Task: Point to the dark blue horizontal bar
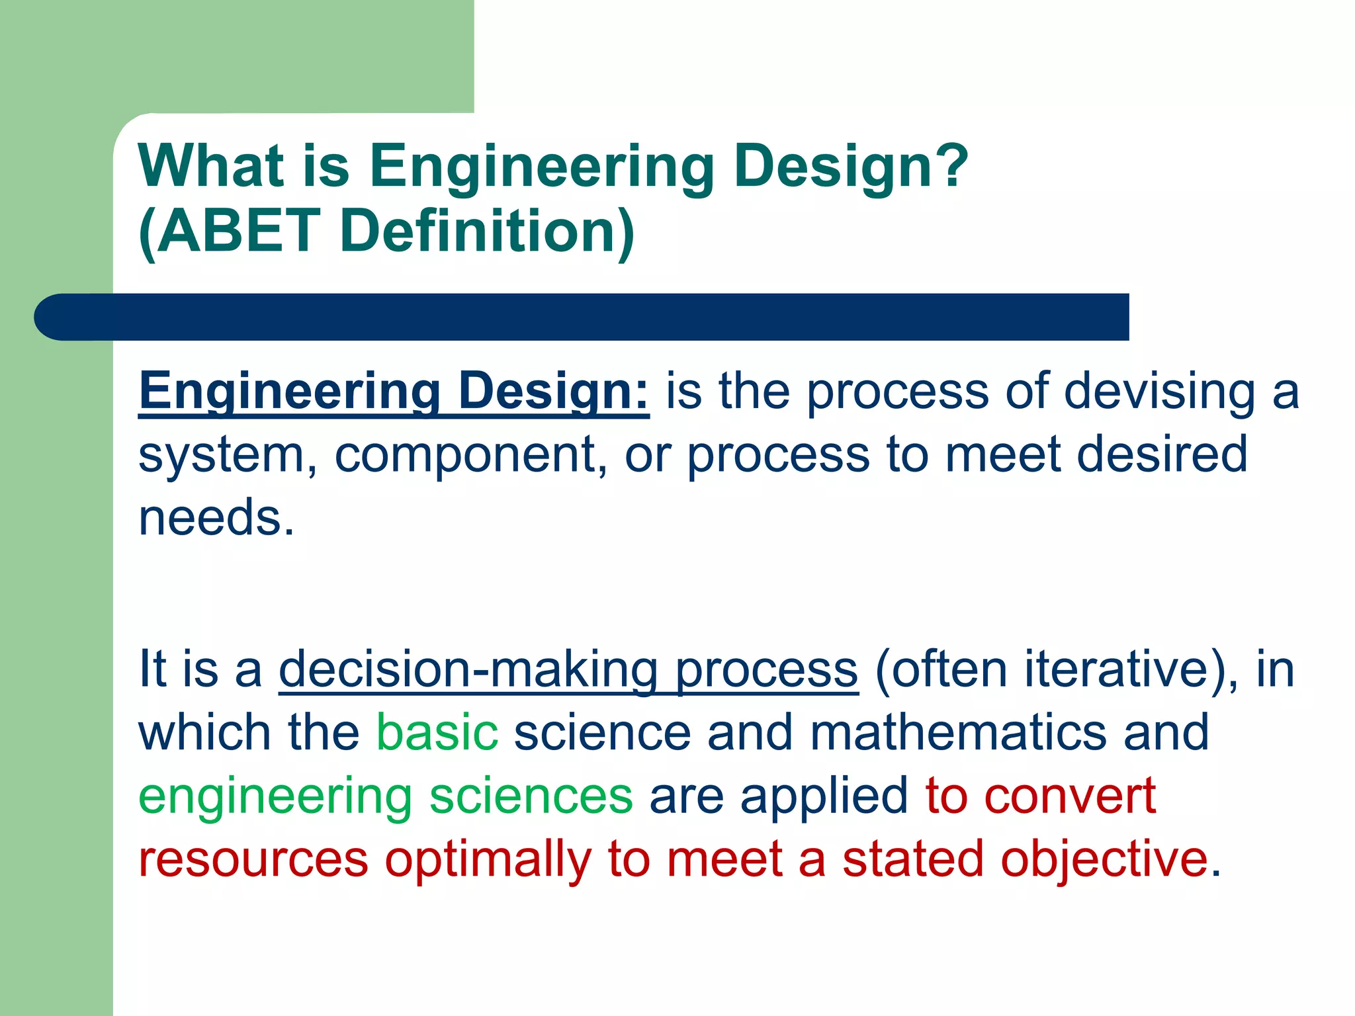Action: click(x=582, y=317)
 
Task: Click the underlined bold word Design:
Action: click(x=553, y=391)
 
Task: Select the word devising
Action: click(x=1159, y=391)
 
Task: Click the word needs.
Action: click(x=216, y=517)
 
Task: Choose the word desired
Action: click(x=1162, y=454)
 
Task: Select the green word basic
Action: click(x=437, y=732)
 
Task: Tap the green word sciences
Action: click(x=531, y=796)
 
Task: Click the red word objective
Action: click(x=1104, y=859)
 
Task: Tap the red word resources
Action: click(x=253, y=859)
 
